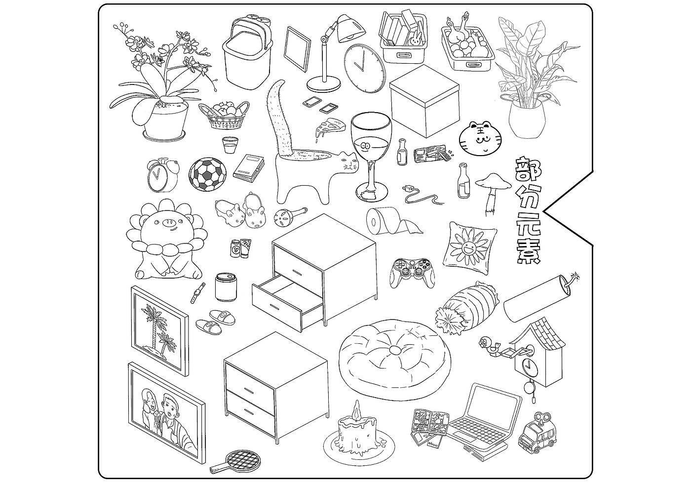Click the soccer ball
coord(207,175)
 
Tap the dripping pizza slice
coord(329,127)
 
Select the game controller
coord(412,273)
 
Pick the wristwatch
coord(197,292)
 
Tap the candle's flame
coord(356,410)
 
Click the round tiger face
coord(480,139)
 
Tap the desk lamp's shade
coord(351,29)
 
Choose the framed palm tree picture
coord(160,330)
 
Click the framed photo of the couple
coord(167,412)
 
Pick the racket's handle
coord(219,468)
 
